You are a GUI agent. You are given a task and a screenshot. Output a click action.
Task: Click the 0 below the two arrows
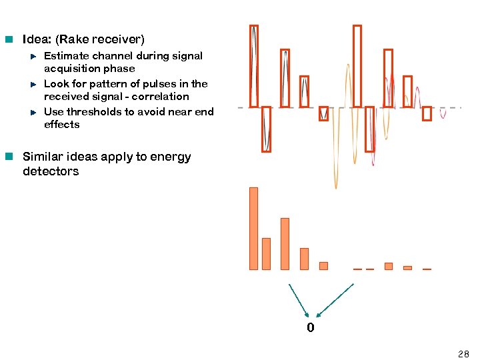click(311, 328)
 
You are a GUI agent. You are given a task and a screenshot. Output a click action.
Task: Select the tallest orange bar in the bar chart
click(253, 228)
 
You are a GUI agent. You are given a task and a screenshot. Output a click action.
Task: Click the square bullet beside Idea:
click(9, 40)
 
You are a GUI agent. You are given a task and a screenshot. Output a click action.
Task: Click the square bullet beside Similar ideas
click(9, 157)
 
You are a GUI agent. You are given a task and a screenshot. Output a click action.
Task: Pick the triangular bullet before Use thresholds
click(33, 112)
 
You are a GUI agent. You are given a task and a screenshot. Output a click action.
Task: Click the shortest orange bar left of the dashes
click(323, 265)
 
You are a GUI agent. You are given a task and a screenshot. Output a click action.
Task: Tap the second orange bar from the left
click(266, 253)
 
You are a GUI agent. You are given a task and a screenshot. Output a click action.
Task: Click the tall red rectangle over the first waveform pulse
click(253, 65)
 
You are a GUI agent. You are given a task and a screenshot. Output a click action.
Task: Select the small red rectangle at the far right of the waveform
click(427, 114)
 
